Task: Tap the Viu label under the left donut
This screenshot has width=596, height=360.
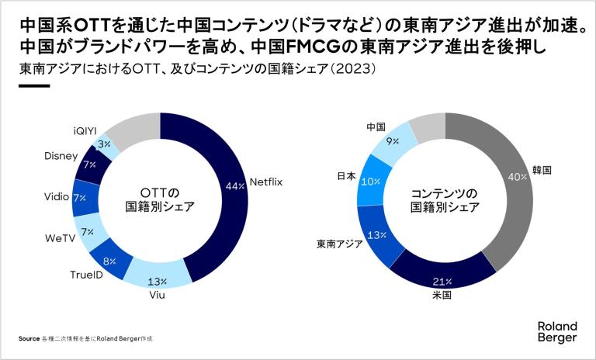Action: point(158,296)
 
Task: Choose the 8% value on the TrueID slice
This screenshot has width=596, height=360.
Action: point(109,261)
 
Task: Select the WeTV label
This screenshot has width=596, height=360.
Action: point(59,237)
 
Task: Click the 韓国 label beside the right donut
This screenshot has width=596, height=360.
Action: point(542,168)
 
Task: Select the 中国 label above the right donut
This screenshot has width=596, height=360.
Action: point(376,126)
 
